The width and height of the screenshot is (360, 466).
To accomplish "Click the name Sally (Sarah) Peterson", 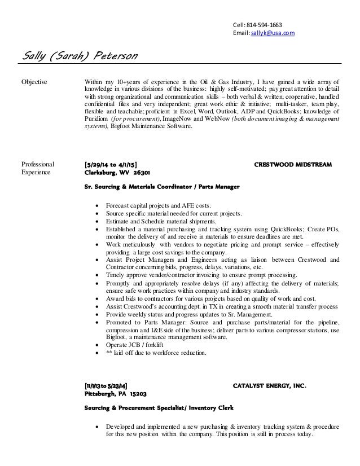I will tap(79, 57).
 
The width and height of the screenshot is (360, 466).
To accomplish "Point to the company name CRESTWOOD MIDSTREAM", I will tap(293, 164).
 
